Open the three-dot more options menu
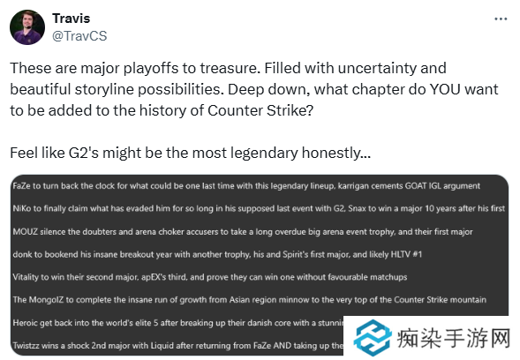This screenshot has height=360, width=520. tap(501, 19)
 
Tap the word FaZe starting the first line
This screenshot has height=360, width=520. tap(24, 186)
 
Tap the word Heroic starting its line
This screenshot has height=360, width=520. tap(27, 322)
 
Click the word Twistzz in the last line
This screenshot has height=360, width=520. tap(30, 344)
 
